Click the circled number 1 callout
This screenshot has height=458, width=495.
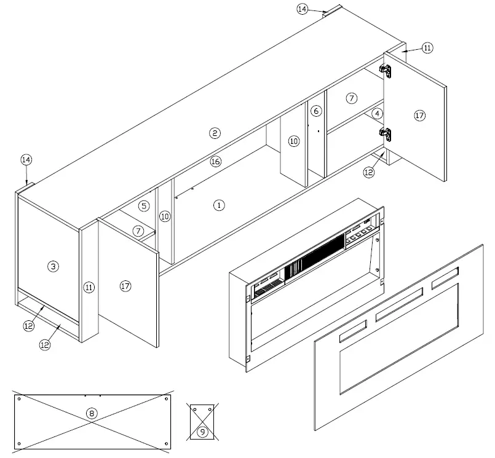click(x=218, y=205)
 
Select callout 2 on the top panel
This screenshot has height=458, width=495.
click(x=214, y=133)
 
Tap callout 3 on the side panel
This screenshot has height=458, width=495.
click(x=53, y=266)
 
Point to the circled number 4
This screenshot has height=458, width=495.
click(x=378, y=113)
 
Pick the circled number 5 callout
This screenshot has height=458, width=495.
click(x=143, y=206)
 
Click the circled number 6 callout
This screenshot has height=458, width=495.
click(x=315, y=111)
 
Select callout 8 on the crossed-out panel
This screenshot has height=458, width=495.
click(x=92, y=413)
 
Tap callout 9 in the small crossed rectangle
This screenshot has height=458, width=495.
click(x=202, y=431)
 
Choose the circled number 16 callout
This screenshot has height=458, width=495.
click(x=215, y=161)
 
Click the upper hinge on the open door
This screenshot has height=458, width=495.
click(x=387, y=70)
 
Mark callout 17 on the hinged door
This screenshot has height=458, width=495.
click(x=419, y=115)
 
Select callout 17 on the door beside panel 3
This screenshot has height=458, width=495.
click(x=125, y=286)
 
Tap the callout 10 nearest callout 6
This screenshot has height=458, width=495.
click(x=293, y=141)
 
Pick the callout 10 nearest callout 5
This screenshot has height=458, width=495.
click(x=164, y=216)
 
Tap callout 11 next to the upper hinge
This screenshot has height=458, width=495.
click(x=427, y=47)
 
